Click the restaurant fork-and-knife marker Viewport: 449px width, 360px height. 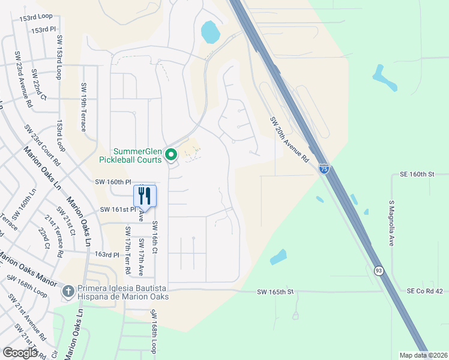pyautogui.click(x=145, y=196)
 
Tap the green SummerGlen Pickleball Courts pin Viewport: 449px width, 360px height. pyautogui.click(x=171, y=155)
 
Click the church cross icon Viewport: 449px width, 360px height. pyautogui.click(x=68, y=292)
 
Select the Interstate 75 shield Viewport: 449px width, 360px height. pyautogui.click(x=324, y=169)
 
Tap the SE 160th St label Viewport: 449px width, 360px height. pyautogui.click(x=416, y=174)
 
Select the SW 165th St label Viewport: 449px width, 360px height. pyautogui.click(x=275, y=292)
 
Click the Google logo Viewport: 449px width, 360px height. pyautogui.click(x=20, y=352)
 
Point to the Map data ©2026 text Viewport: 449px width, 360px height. pyautogui.click(x=423, y=355)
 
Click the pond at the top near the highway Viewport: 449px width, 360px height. pyautogui.click(x=210, y=32)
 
